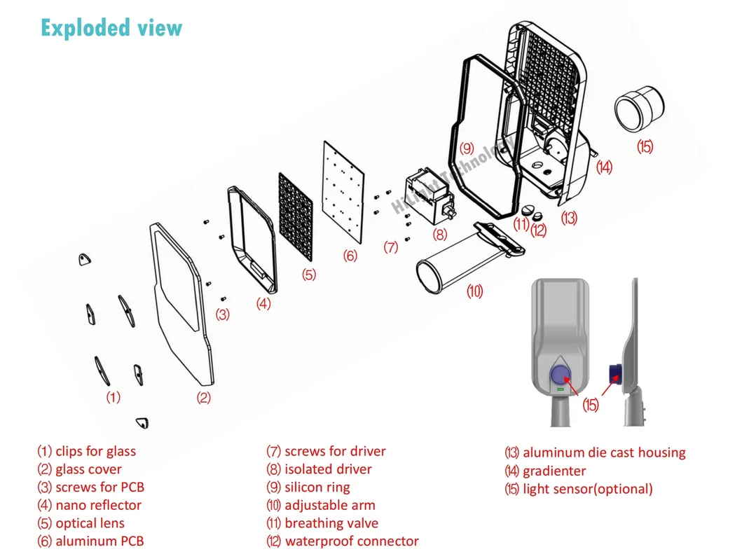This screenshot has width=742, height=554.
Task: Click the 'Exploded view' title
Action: coord(111,28)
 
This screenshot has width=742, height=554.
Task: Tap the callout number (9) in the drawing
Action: coord(467,148)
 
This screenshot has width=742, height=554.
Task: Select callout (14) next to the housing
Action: coord(604,167)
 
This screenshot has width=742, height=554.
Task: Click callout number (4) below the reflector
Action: coord(263,304)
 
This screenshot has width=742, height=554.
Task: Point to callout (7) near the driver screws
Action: coord(391,247)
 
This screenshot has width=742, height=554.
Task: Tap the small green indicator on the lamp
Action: coord(561,388)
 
